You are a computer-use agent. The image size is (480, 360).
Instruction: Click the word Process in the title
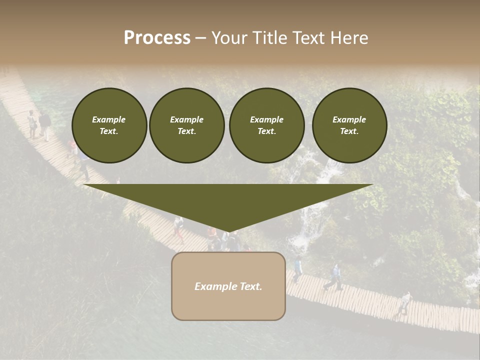click(157, 38)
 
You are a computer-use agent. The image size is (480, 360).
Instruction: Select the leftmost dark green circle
click(109, 125)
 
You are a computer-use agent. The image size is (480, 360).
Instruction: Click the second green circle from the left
click(187, 125)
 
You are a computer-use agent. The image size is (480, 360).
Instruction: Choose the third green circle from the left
click(267, 125)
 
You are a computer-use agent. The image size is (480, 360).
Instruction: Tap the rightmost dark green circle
click(349, 125)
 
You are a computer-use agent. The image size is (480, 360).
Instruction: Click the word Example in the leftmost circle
click(109, 119)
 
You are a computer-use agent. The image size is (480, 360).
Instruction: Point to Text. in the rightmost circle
click(349, 131)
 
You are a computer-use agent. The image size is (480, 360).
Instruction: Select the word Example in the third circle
click(266, 119)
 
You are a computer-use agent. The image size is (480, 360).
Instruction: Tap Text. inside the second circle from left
click(187, 131)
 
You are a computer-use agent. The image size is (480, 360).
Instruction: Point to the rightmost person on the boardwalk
click(404, 303)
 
